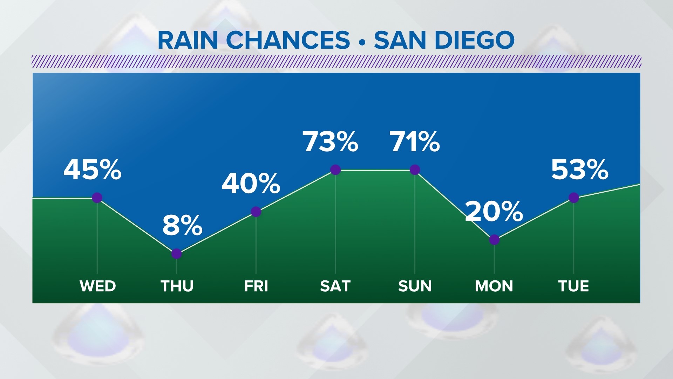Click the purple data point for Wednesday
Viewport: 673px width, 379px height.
pos(97,198)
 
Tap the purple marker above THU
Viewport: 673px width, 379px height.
pos(177,254)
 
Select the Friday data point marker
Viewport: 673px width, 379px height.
pos(256,212)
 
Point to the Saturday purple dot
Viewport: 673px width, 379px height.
pos(335,170)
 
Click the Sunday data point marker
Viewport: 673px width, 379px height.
pos(415,170)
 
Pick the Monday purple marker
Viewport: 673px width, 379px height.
pos(494,240)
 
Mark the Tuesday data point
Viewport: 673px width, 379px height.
pos(574,198)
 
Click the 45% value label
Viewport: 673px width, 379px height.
pos(93,169)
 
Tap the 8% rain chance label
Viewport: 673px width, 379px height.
pos(183,225)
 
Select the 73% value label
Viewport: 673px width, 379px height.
pos(331,142)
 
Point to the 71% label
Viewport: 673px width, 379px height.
pos(415,142)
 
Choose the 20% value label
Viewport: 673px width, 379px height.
pos(494,211)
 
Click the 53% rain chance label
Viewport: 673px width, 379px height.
pos(580,169)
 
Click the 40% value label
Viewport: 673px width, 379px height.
pos(251,184)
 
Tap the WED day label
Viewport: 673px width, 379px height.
pos(98,286)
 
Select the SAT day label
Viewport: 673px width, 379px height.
pos(335,286)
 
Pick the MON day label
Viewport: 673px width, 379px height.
pos(494,286)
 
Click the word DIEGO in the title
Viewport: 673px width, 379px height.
pos(475,40)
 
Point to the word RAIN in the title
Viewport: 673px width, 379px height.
pos(188,40)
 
